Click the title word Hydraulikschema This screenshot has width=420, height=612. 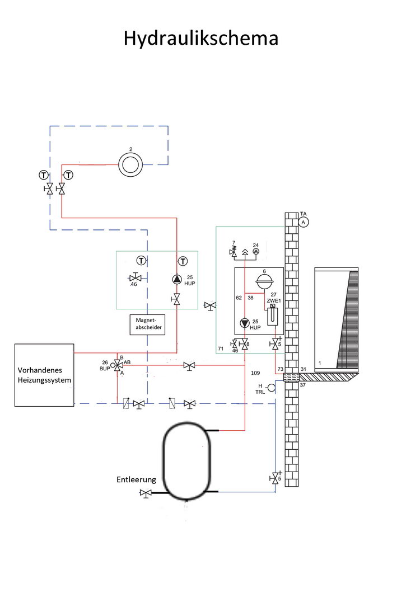tap(200, 39)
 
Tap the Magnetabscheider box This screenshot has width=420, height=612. tap(147, 324)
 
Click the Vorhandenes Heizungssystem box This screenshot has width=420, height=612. tap(44, 375)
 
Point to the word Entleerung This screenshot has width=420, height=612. tap(136, 479)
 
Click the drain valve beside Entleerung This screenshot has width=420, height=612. tap(147, 493)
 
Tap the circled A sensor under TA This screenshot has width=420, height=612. tap(304, 222)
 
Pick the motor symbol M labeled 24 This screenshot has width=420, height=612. tap(256, 252)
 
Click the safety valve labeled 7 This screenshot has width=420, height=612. tap(233, 252)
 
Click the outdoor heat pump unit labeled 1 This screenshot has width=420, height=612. tap(337, 318)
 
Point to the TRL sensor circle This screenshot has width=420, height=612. tap(272, 388)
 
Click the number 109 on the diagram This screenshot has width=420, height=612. tap(255, 373)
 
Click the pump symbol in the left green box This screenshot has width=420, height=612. tap(177, 280)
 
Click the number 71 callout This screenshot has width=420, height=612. tap(221, 349)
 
